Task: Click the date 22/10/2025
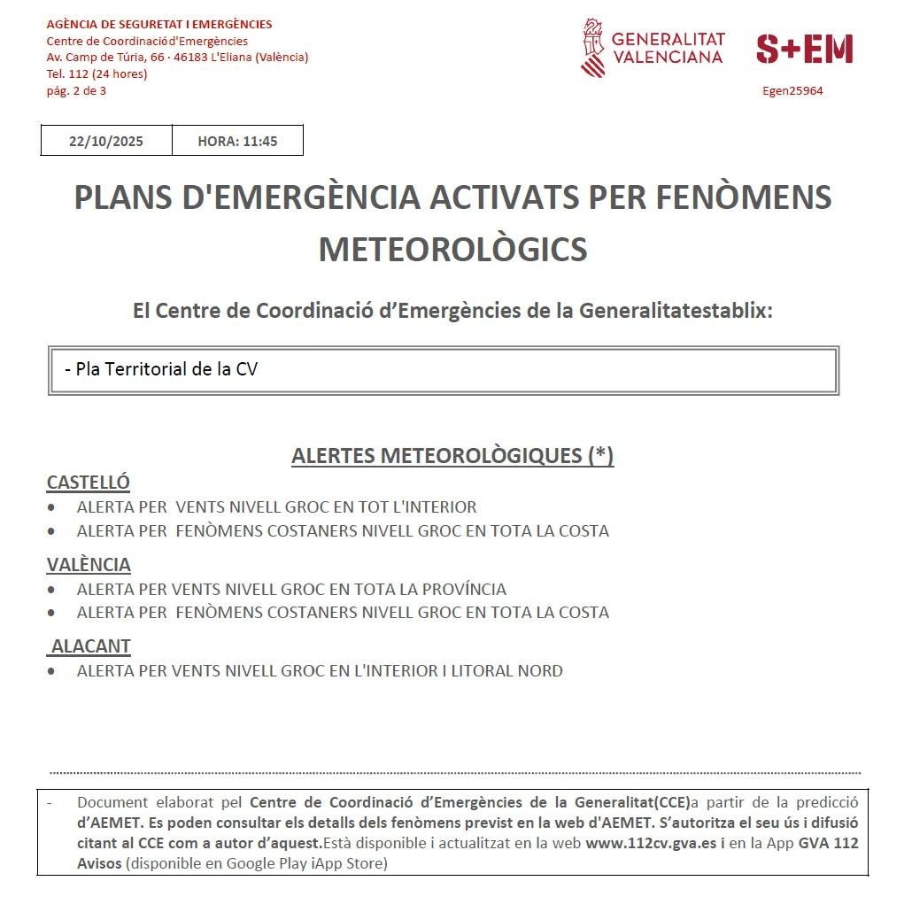(x=106, y=141)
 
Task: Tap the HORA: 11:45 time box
(x=237, y=141)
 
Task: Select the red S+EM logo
(x=804, y=49)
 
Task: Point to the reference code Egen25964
(x=792, y=90)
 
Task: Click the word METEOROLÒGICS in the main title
(x=452, y=250)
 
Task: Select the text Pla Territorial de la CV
(x=166, y=369)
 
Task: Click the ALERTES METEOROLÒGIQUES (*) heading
(x=452, y=455)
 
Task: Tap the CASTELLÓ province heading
(x=88, y=483)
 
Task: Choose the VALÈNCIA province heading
(x=89, y=564)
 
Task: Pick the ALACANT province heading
(x=91, y=646)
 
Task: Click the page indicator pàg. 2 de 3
(x=76, y=90)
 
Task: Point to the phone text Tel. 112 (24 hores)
(x=97, y=73)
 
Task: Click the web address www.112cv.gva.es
(x=651, y=843)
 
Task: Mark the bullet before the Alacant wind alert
(x=51, y=671)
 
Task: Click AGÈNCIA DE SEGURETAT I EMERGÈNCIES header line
(x=159, y=24)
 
